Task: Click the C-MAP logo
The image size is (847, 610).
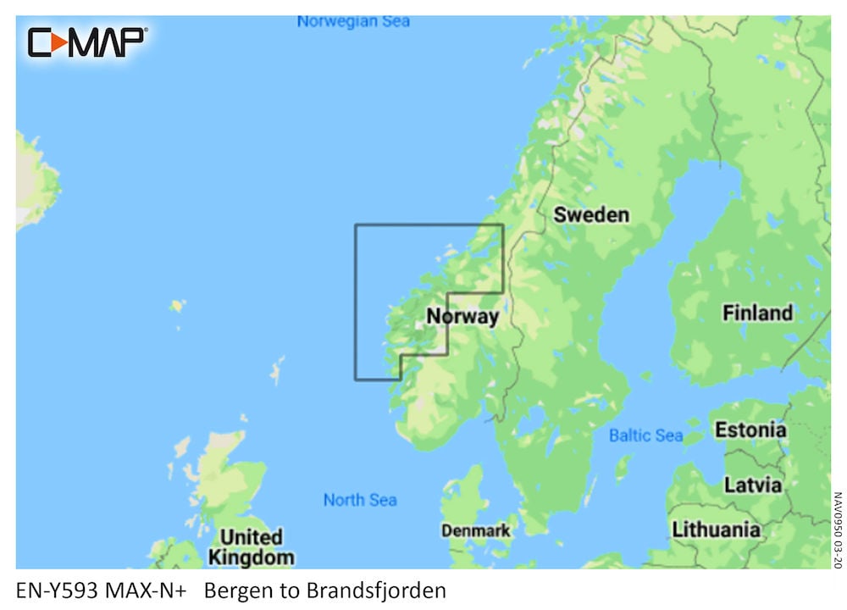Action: tap(87, 42)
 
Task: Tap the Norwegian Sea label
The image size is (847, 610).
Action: tap(353, 22)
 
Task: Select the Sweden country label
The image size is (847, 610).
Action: tap(591, 215)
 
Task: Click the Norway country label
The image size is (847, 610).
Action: tap(462, 317)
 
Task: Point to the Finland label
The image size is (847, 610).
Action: tap(757, 313)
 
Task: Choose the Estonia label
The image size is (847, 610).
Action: tap(750, 430)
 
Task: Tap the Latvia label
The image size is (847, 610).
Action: tap(752, 485)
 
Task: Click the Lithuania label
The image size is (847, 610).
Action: tap(716, 530)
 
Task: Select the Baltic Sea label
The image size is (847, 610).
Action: tap(645, 435)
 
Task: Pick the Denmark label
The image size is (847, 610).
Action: tap(476, 531)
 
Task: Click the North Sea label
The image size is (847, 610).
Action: tap(360, 500)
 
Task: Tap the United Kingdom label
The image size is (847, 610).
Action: tap(251, 547)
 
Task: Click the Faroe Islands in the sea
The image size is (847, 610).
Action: tap(177, 305)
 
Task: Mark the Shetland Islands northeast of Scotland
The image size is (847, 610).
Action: tap(276, 371)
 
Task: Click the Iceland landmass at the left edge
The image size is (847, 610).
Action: tap(34, 182)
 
